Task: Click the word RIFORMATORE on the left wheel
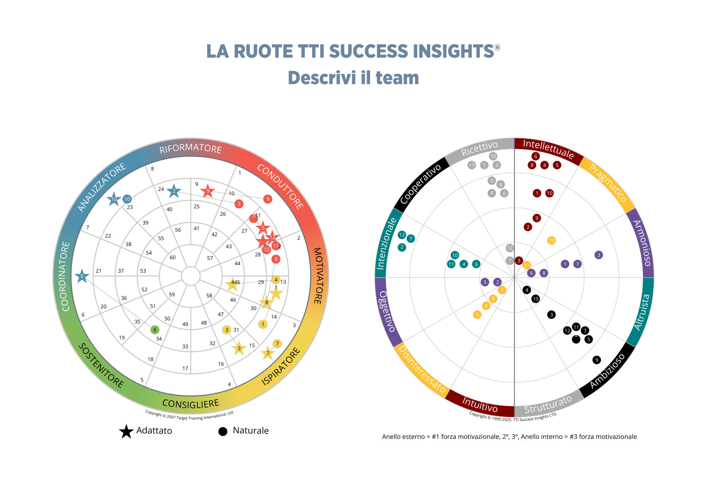point(190,149)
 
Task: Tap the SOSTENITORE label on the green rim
point(101,366)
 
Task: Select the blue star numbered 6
point(82,276)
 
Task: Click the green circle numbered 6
point(155,330)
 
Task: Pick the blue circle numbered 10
point(127,199)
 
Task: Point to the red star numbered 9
point(208,191)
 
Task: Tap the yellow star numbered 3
point(239,348)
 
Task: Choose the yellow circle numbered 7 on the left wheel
point(277,344)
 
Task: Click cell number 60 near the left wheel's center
point(173,257)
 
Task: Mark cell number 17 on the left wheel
point(185,368)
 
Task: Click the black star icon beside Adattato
point(126,431)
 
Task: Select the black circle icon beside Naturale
point(223,431)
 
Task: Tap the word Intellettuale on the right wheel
point(548,149)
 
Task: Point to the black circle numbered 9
point(597,360)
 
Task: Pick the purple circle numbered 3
point(598,255)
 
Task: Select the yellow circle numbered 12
point(551,240)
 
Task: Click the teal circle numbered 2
point(402,247)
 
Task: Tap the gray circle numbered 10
point(493,156)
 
